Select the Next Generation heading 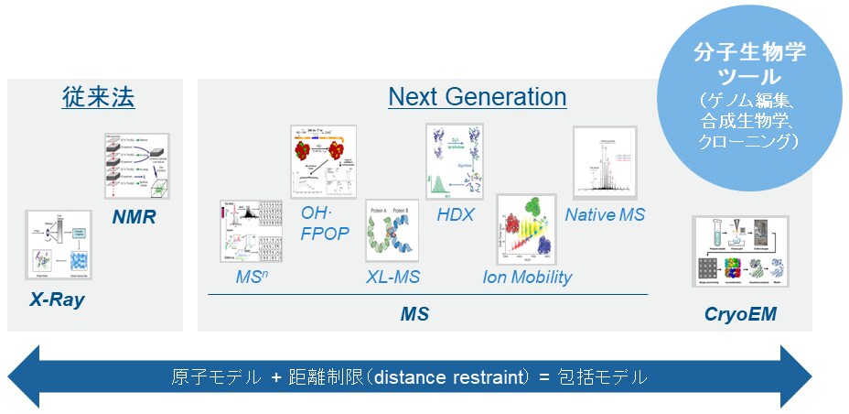(x=477, y=97)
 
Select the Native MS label (x=605, y=214)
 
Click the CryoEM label (x=740, y=315)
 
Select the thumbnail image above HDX (x=455, y=161)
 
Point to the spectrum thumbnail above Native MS (x=604, y=162)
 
